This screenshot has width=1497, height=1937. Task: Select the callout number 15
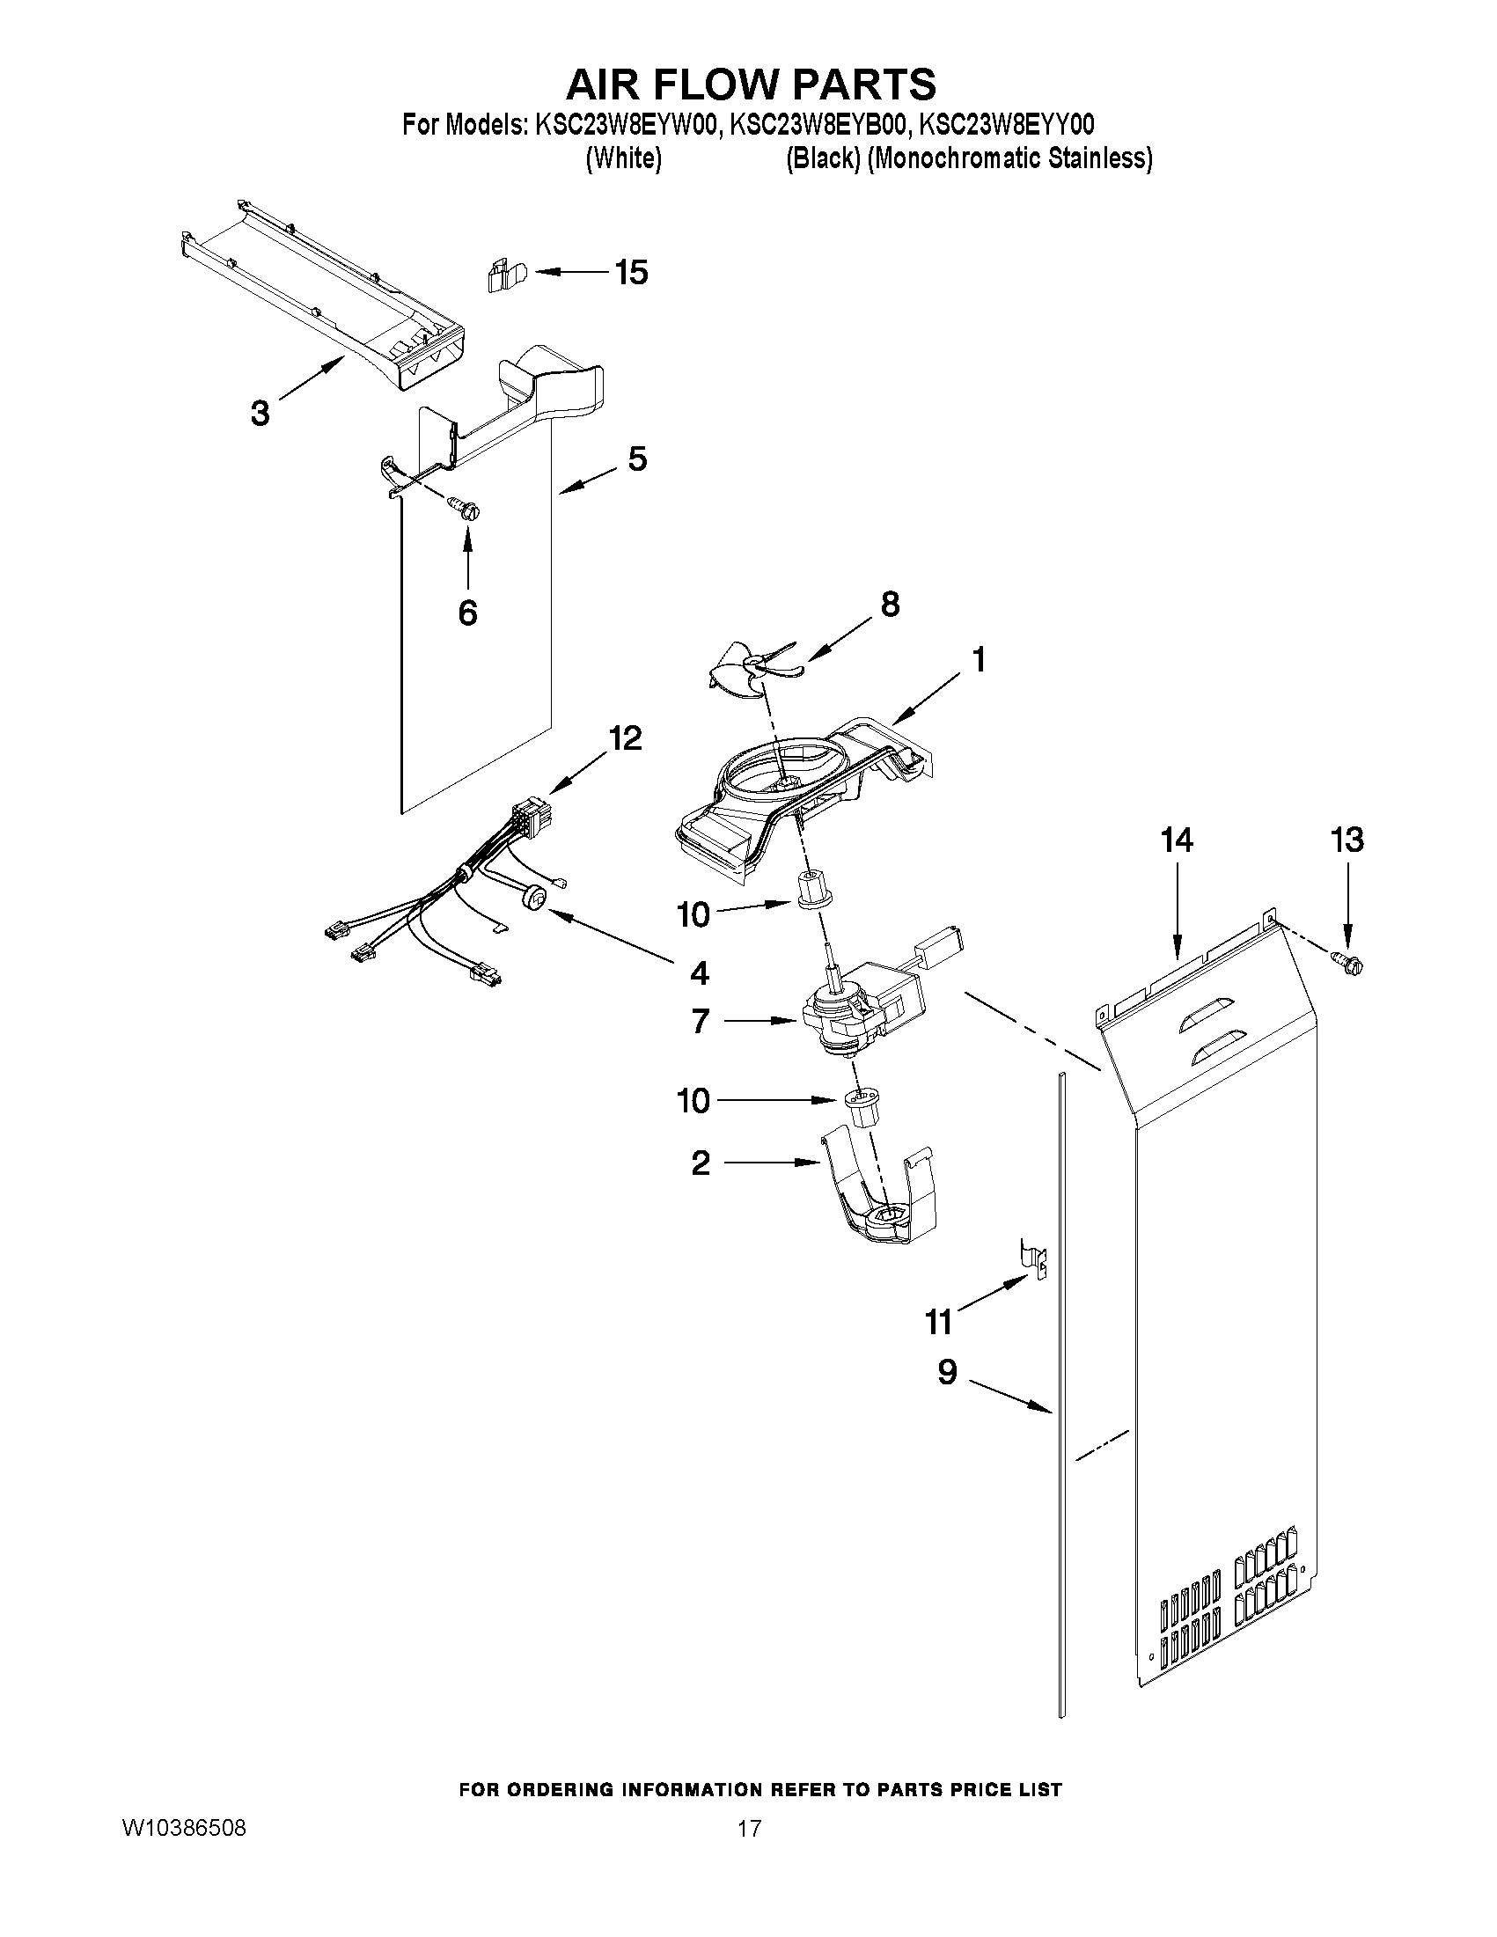point(631,272)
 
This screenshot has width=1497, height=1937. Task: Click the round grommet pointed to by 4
point(535,899)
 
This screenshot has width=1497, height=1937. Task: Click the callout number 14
point(1177,839)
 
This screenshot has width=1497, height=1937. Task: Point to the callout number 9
point(947,1371)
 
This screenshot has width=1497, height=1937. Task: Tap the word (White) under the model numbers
point(623,158)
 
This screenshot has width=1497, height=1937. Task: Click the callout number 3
point(260,413)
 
